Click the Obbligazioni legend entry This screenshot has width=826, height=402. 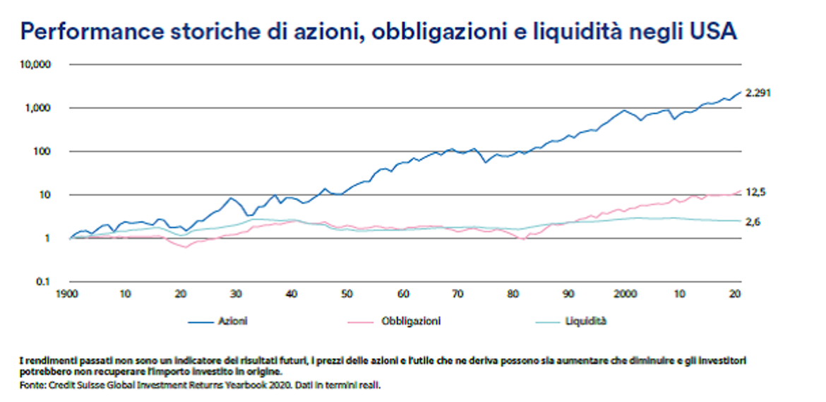click(x=410, y=321)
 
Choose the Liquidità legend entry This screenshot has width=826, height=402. click(x=586, y=321)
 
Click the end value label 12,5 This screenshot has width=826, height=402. click(x=756, y=192)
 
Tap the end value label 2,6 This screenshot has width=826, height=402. click(x=753, y=223)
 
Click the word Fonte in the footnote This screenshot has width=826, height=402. click(x=32, y=386)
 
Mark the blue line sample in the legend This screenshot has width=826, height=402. click(x=200, y=321)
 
